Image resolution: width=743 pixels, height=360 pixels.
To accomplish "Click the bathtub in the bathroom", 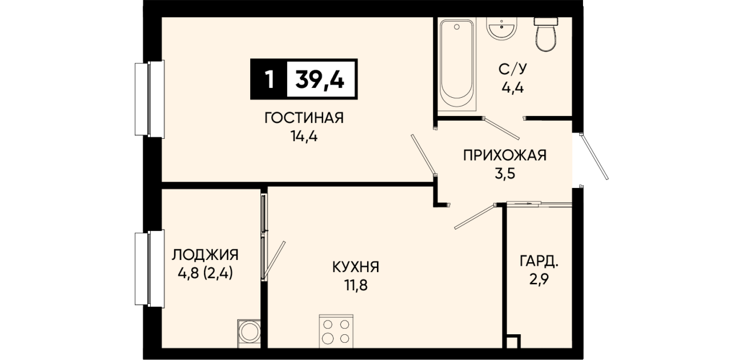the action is pyautogui.click(x=457, y=64).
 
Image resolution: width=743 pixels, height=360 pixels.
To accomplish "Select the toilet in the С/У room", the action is pyautogui.click(x=545, y=34).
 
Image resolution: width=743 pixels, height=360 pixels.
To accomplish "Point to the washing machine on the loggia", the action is pyautogui.click(x=249, y=334).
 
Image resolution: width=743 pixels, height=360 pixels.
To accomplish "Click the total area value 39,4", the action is pyautogui.click(x=320, y=80).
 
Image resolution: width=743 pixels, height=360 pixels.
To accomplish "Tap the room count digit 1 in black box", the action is pyautogui.click(x=270, y=80).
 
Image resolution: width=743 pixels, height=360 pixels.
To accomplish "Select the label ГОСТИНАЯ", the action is pyautogui.click(x=304, y=118).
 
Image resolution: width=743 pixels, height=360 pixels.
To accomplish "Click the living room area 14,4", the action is pyautogui.click(x=304, y=136).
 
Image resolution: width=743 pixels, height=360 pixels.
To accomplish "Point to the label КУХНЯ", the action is pyautogui.click(x=356, y=267).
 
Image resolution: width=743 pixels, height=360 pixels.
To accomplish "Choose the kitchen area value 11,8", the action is pyautogui.click(x=356, y=285).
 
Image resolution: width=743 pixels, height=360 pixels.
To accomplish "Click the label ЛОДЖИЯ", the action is pyautogui.click(x=205, y=255).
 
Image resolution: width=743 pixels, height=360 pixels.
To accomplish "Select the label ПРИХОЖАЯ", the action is pyautogui.click(x=504, y=155).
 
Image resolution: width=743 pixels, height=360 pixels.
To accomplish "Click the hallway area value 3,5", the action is pyautogui.click(x=505, y=174).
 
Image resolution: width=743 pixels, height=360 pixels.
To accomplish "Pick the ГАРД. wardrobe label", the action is pyautogui.click(x=539, y=261).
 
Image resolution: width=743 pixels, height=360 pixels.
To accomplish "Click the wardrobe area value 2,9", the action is pyautogui.click(x=539, y=279).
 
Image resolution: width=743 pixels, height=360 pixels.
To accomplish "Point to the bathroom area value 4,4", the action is pyautogui.click(x=512, y=88).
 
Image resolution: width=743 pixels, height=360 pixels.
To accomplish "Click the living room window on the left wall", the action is pyautogui.click(x=150, y=99).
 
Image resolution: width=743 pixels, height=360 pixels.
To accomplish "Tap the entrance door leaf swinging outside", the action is pyautogui.click(x=595, y=157).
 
